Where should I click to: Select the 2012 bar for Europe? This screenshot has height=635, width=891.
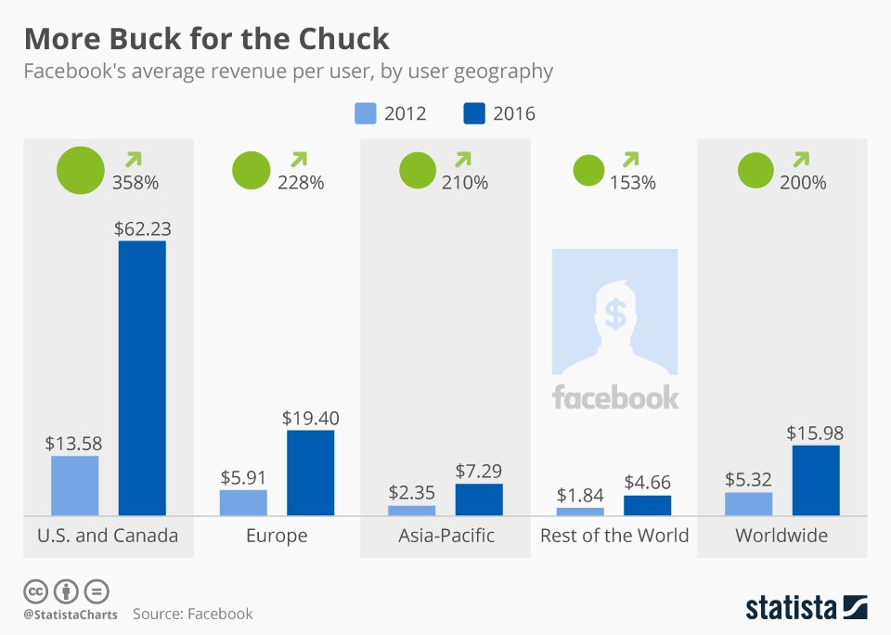pos(243,502)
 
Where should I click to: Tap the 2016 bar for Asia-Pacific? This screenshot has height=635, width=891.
pos(479,499)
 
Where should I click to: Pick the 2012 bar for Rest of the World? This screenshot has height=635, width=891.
pos(580,512)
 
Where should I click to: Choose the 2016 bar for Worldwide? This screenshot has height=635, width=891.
pos(816,480)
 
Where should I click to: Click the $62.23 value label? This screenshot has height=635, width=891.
pos(142,227)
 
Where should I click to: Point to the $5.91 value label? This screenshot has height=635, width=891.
pos(243,477)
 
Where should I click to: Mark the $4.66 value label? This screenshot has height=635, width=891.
pos(647,483)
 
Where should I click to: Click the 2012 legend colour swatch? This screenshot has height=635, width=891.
pos(365,113)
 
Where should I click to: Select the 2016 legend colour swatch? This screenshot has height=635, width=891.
pos(473,113)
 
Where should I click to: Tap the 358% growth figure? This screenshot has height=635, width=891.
pos(135,182)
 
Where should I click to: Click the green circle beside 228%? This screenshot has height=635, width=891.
pos(250,171)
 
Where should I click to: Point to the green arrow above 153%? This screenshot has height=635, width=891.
pos(631,160)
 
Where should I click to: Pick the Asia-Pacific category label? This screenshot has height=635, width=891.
pos(446,536)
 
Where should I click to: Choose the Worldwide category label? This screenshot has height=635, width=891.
pos(781,536)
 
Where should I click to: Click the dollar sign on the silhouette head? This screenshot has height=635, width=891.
pos(614,313)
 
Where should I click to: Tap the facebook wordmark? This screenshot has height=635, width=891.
pos(615,397)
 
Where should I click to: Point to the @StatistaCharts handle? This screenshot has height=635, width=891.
pos(71,614)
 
